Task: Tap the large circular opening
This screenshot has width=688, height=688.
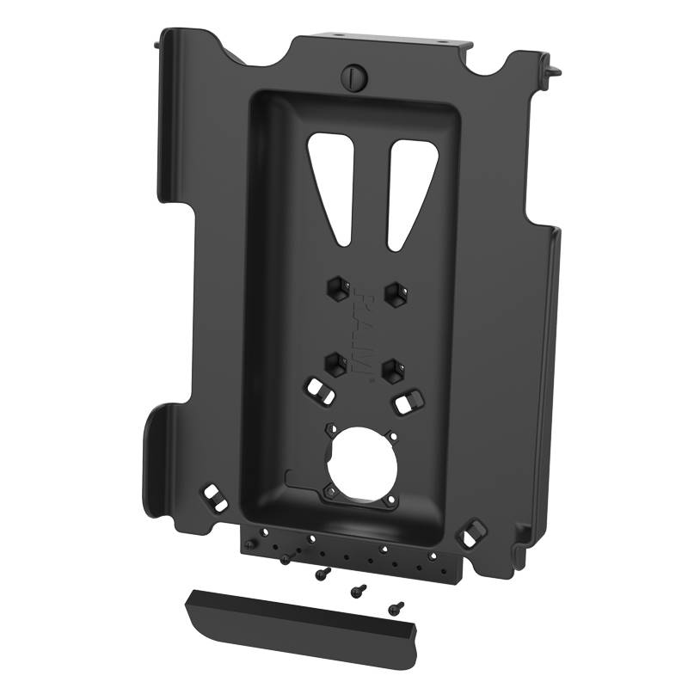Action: pos(361,461)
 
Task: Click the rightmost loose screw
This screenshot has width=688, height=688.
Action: pos(394,607)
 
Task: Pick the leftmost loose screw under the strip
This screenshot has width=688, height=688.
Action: pos(285,560)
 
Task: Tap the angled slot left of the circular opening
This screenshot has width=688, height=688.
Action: pos(317,388)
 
